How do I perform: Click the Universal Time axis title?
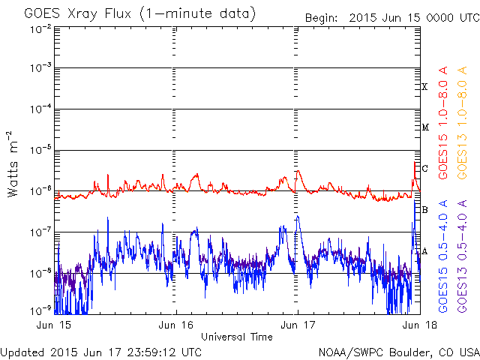(236, 337)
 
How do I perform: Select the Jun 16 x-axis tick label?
(177, 325)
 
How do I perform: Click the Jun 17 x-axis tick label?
(298, 325)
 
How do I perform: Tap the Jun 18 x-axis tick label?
(414, 325)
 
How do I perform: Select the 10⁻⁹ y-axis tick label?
(40, 309)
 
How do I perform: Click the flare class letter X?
(424, 87)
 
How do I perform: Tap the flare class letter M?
(424, 127)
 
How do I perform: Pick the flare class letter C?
(424, 169)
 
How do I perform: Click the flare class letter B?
(424, 209)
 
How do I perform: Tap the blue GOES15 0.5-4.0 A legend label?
(443, 256)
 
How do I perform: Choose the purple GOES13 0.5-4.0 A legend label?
(463, 256)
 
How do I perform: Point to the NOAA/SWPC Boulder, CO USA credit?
(398, 351)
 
